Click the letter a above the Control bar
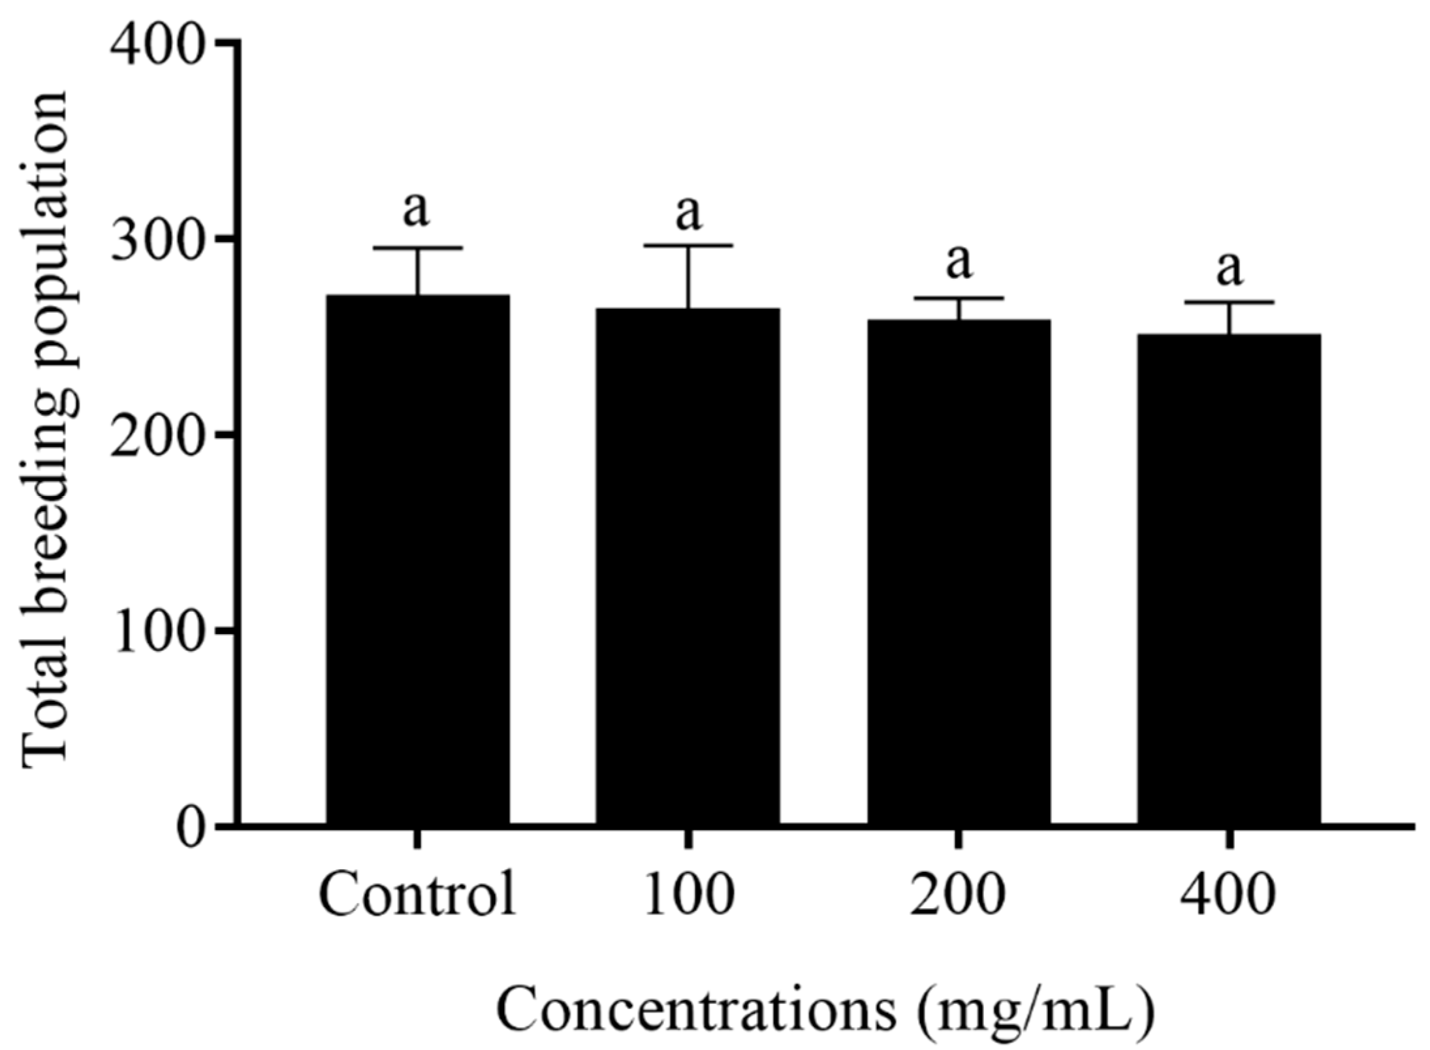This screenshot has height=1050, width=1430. [x=416, y=210]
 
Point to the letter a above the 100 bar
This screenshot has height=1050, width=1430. [x=688, y=214]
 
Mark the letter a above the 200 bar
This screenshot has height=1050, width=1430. [x=959, y=262]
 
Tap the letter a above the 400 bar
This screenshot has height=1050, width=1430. [x=1230, y=268]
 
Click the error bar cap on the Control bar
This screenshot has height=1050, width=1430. [x=417, y=248]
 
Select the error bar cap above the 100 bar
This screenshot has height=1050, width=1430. [x=688, y=246]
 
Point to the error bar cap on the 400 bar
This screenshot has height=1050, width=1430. [x=1230, y=302]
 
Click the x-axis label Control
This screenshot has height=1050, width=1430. [x=417, y=895]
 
